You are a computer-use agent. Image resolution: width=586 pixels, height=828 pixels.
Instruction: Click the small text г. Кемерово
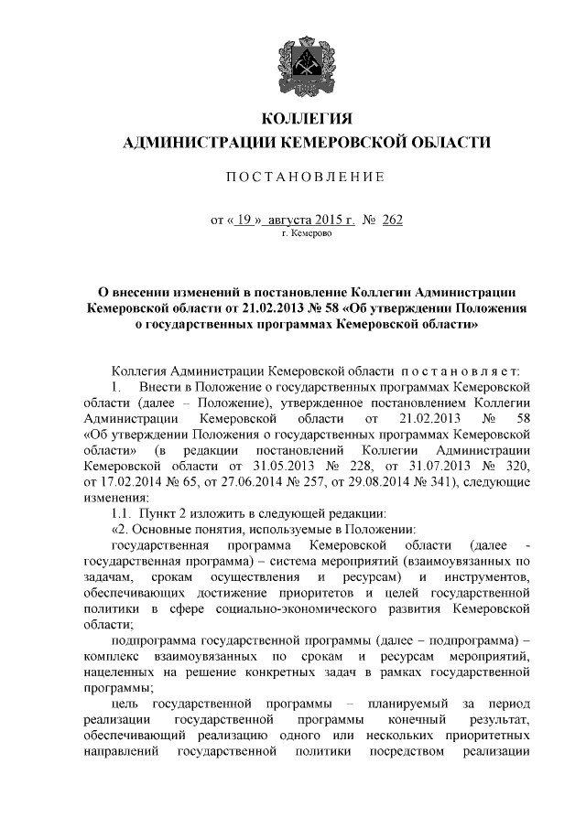(307, 234)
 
